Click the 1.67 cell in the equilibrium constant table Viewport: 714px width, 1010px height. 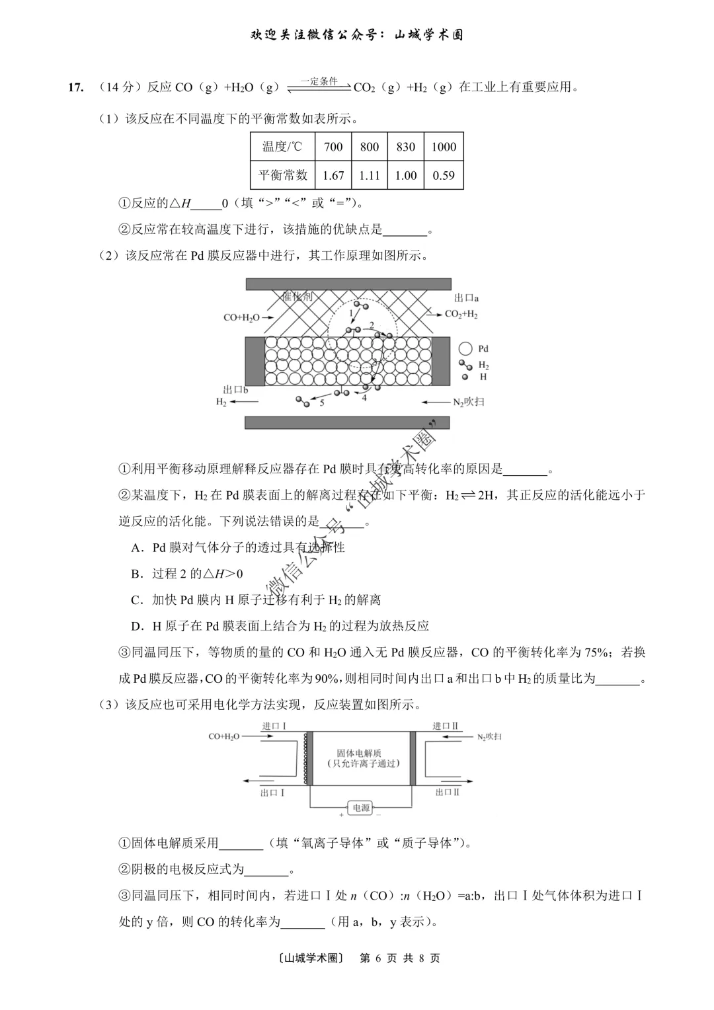333,175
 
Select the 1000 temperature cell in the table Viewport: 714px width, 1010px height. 444,147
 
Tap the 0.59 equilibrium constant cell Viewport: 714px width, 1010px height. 444,175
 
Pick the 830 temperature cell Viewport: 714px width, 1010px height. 405,147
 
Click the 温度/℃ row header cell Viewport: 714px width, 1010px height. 282,147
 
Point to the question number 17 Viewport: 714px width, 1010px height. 76,87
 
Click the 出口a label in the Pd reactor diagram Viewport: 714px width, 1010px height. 466,298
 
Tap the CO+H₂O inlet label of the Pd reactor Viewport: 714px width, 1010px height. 241,317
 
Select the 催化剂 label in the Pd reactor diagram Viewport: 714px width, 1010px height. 297,297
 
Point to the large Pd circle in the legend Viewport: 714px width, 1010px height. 465,348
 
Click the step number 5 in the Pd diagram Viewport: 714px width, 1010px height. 322,403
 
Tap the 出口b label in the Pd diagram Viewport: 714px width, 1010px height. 235,390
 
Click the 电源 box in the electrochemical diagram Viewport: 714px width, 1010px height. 361,808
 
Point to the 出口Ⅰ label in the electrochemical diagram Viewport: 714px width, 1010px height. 272,792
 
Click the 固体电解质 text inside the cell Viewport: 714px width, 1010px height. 359,753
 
